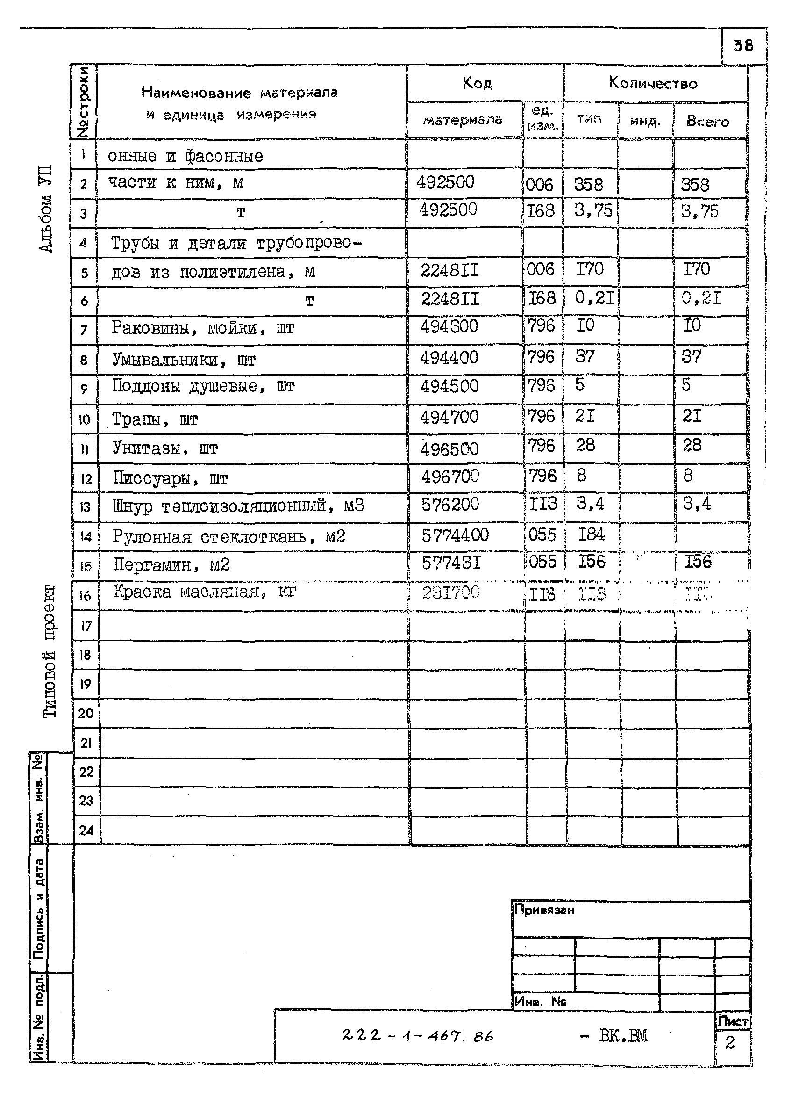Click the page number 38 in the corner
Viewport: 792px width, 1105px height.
click(743, 46)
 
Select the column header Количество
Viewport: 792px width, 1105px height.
click(653, 83)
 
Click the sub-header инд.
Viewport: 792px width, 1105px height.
click(645, 121)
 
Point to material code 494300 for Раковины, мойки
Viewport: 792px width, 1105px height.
click(449, 326)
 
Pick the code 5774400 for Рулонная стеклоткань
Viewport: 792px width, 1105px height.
click(455, 535)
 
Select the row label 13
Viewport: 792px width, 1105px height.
click(85, 507)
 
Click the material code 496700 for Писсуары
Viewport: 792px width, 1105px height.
click(450, 476)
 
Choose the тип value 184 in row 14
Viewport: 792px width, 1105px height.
click(591, 534)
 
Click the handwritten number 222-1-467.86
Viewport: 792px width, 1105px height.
click(417, 1035)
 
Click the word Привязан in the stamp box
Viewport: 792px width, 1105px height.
click(544, 910)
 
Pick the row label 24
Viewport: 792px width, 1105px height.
click(86, 830)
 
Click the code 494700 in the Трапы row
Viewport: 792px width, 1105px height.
click(449, 417)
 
